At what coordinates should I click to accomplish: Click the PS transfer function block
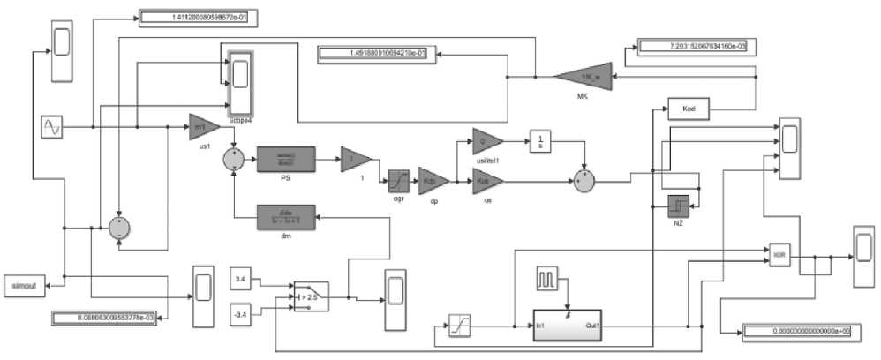[286, 161]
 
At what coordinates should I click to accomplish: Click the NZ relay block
[677, 206]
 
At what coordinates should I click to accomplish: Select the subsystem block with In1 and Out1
[567, 324]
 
